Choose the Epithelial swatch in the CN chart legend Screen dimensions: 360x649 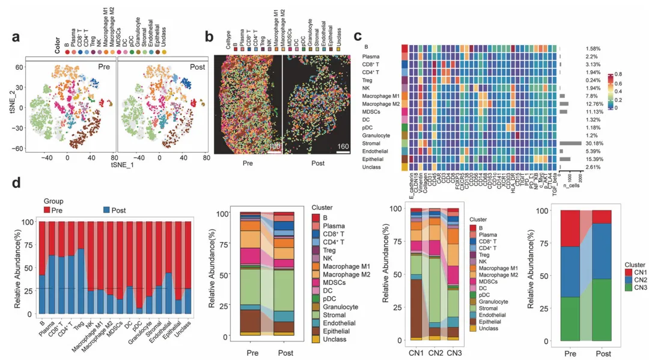click(473, 321)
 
